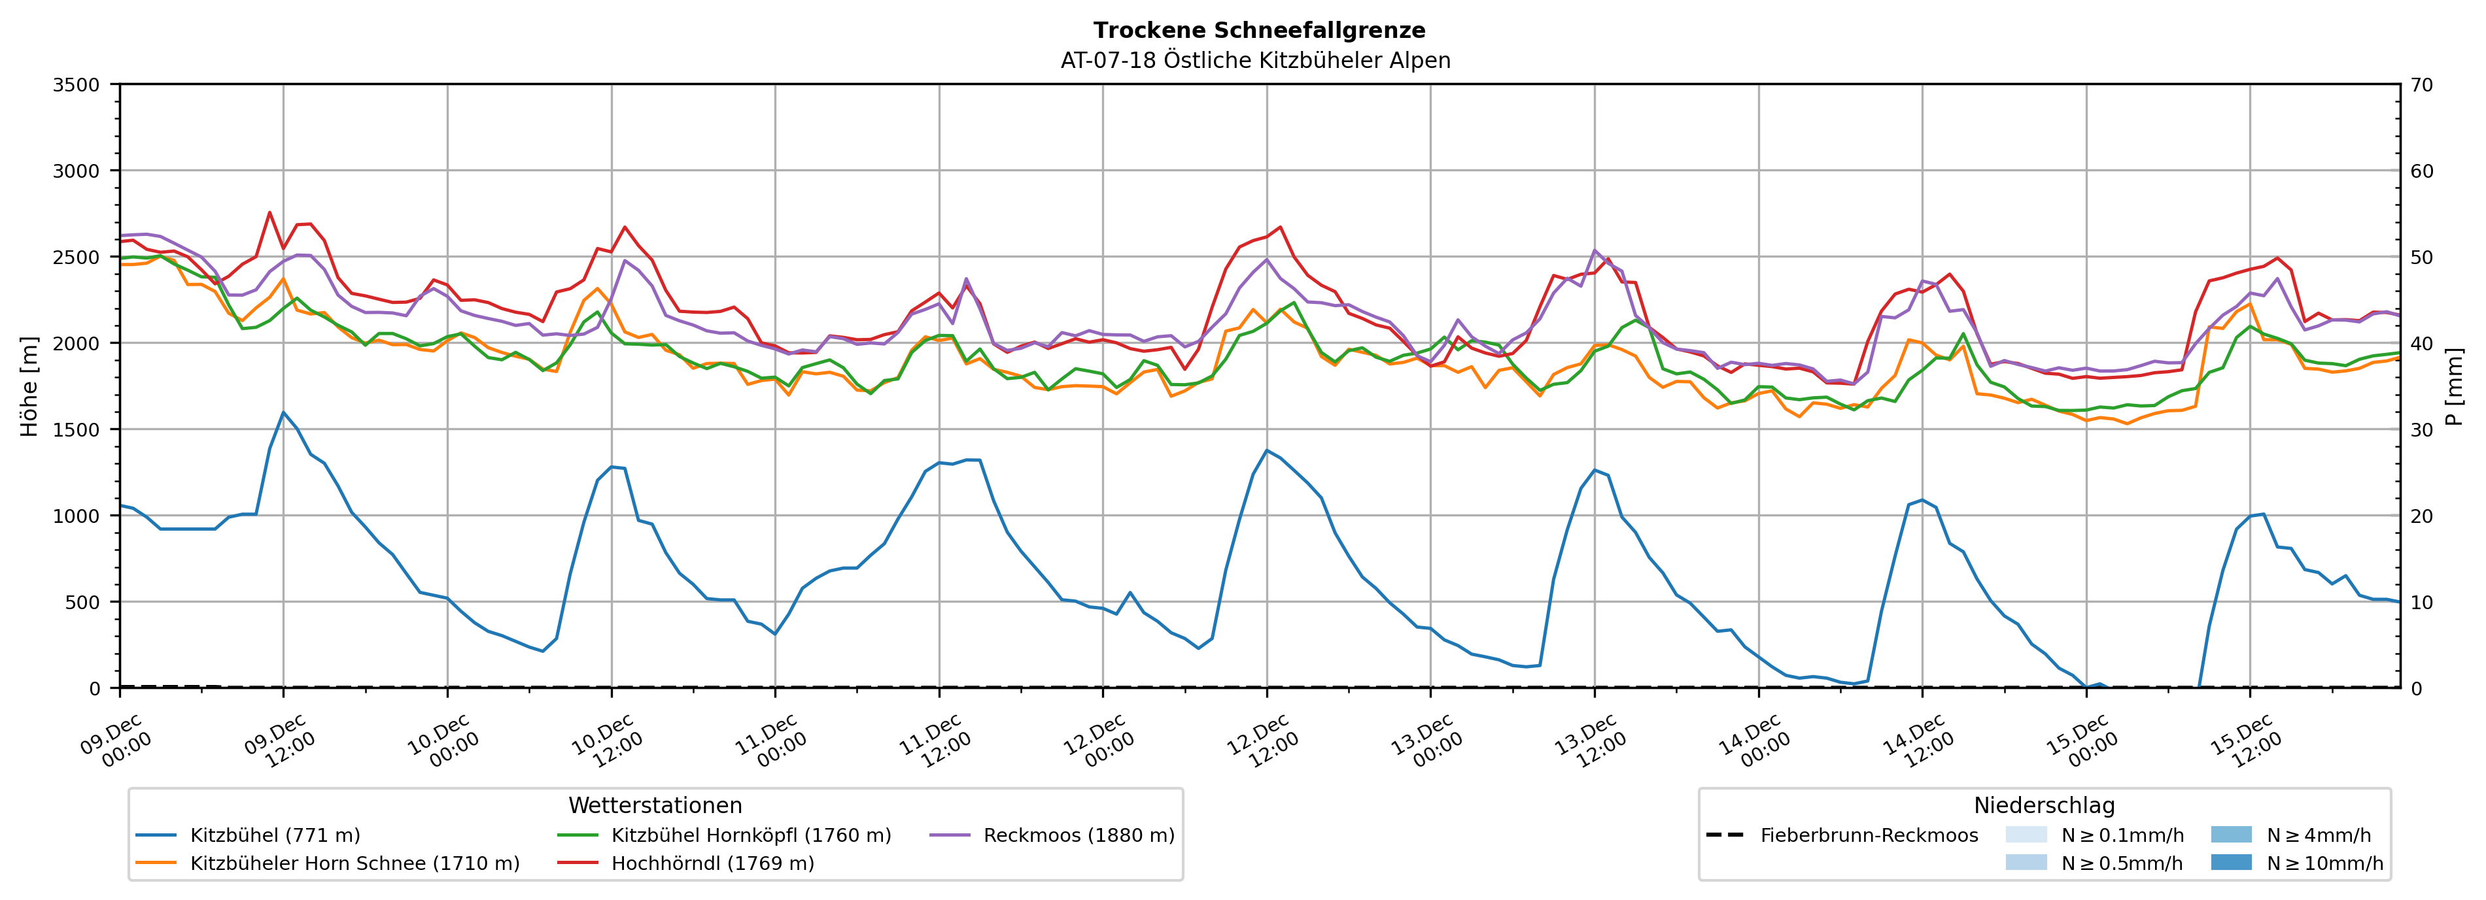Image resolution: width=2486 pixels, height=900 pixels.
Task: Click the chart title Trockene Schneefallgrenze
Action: pyautogui.click(x=1258, y=31)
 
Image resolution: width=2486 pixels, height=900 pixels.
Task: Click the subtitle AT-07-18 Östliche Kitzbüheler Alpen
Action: pyautogui.click(x=1254, y=61)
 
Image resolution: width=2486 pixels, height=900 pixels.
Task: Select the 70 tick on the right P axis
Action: pyautogui.click(x=2421, y=85)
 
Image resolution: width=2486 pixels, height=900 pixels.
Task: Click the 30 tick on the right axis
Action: pyautogui.click(x=2421, y=430)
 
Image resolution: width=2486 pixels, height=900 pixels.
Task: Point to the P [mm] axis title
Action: pyautogui.click(x=2454, y=386)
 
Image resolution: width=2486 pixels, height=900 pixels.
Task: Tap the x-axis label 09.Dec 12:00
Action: pyautogui.click(x=281, y=741)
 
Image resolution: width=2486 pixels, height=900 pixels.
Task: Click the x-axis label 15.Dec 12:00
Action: pyautogui.click(x=2247, y=741)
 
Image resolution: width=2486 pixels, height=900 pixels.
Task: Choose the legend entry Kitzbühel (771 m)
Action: pyautogui.click(x=275, y=835)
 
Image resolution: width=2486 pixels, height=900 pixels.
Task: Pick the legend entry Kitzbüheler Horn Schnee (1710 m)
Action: pyautogui.click(x=354, y=863)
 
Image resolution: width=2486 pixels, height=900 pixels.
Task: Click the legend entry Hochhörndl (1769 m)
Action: pyautogui.click(x=712, y=863)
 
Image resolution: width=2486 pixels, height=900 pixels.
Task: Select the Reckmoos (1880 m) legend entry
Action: pyautogui.click(x=1078, y=835)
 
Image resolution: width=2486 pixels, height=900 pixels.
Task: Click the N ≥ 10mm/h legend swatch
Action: pyautogui.click(x=2231, y=862)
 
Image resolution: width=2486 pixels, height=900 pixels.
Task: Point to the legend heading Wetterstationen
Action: pyautogui.click(x=655, y=805)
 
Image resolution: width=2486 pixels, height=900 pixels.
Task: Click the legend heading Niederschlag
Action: pyautogui.click(x=2044, y=805)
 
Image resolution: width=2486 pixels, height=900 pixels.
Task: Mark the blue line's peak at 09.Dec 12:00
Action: pyautogui.click(x=283, y=413)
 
